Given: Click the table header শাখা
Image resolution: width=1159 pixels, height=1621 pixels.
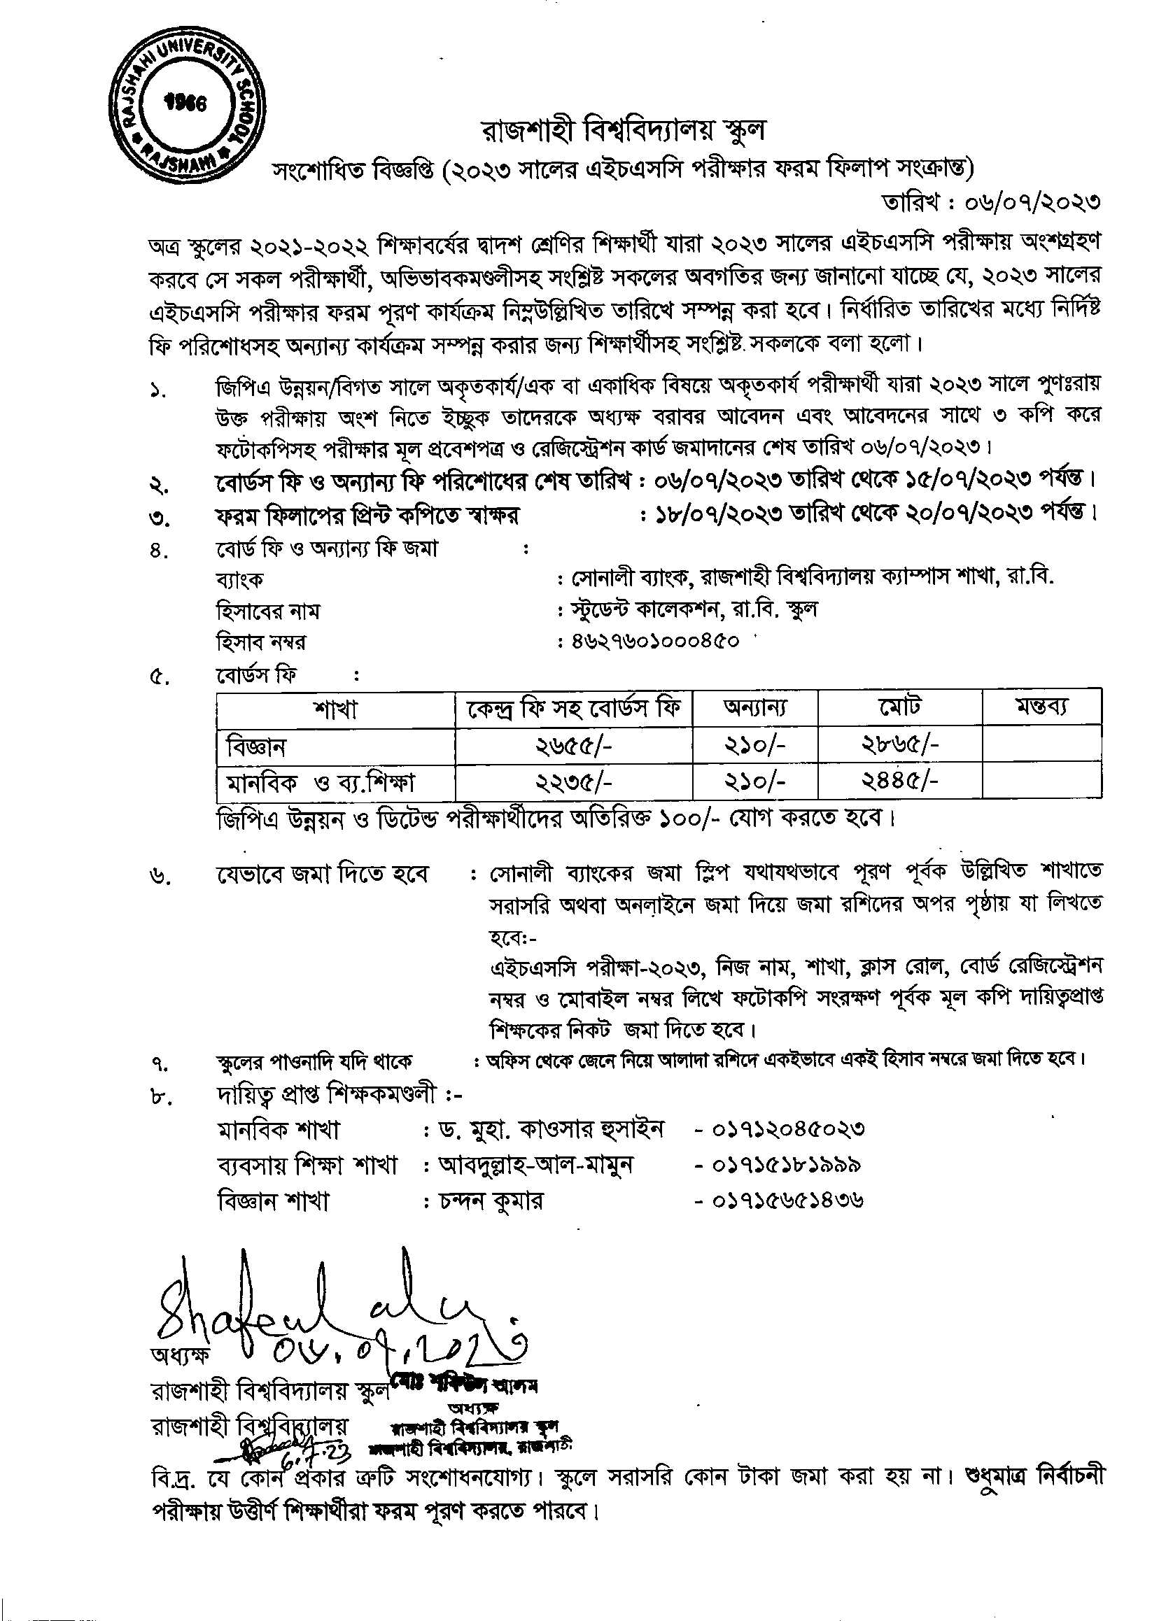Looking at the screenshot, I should (x=335, y=709).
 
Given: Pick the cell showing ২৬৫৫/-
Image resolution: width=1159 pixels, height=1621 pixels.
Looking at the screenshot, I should (x=574, y=746).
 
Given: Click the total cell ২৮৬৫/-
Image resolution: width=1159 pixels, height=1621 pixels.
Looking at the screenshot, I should (x=899, y=746).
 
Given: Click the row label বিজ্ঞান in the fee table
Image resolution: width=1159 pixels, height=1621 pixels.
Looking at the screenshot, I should (x=256, y=746).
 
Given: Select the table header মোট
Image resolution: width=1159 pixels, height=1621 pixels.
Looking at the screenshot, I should (x=899, y=708).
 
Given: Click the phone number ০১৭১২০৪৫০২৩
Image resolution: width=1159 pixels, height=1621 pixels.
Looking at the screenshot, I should (x=789, y=1128).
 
